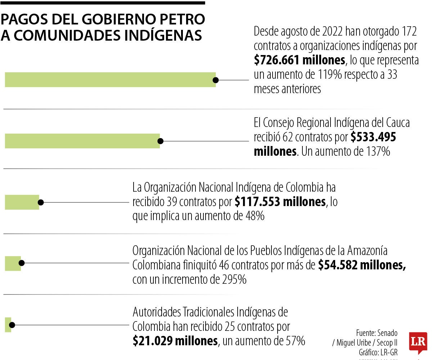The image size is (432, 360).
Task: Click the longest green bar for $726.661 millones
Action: [110, 79]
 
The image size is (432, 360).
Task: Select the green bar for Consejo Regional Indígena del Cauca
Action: [82, 141]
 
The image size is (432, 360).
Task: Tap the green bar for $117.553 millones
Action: [22, 202]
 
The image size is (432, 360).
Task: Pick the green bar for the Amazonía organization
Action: [13, 263]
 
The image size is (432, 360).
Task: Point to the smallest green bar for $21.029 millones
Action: [8, 325]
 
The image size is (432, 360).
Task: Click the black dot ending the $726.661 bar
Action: [216, 80]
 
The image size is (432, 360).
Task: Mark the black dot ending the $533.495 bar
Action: [161, 141]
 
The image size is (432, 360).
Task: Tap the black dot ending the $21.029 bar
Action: [12, 325]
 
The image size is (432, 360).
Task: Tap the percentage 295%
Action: [234, 279]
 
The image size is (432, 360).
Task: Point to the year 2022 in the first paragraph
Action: [329, 32]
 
